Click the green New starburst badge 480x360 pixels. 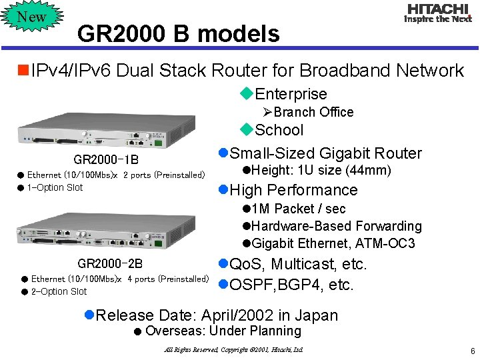(31, 17)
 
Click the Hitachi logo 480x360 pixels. (438, 13)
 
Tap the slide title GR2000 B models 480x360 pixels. (178, 33)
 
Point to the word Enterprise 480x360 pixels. (291, 94)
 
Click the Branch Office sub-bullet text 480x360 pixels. (313, 112)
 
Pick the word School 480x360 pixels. (279, 130)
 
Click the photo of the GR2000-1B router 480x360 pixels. (106, 133)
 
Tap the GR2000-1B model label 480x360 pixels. (106, 161)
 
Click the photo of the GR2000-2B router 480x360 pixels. (106, 231)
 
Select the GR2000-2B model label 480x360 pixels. (110, 264)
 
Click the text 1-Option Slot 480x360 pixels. (55, 187)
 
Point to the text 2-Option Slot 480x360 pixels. (59, 291)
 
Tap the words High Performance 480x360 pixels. (293, 190)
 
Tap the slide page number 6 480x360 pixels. (471, 351)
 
